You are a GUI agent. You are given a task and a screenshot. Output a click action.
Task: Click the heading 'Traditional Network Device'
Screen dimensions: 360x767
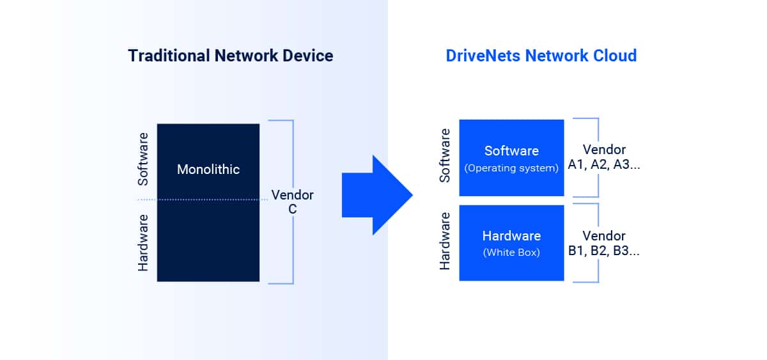click(230, 56)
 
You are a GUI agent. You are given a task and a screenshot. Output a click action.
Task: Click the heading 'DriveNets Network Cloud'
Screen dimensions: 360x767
click(541, 56)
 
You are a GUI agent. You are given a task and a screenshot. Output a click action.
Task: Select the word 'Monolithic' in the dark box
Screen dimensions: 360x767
click(208, 169)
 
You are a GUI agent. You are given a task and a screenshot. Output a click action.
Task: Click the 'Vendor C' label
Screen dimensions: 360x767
click(292, 201)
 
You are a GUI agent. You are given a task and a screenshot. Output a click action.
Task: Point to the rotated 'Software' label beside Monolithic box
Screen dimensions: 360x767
click(143, 159)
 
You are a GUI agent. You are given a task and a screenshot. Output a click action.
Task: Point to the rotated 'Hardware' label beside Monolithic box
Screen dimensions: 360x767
click(143, 242)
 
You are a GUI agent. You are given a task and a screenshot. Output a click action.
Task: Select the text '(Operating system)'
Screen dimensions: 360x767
click(511, 168)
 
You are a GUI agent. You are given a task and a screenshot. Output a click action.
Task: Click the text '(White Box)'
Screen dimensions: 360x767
click(511, 252)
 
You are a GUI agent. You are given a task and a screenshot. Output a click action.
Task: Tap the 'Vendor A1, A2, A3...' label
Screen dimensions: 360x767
click(604, 157)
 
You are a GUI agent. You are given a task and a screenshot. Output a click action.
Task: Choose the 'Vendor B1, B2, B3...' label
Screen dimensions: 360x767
click(604, 243)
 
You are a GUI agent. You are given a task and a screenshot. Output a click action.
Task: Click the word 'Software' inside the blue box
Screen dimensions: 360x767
click(511, 151)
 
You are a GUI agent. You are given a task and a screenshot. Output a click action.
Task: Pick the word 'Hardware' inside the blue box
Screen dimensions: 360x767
click(511, 235)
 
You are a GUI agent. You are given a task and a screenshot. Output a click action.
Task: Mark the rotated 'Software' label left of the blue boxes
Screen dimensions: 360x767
click(445, 155)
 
